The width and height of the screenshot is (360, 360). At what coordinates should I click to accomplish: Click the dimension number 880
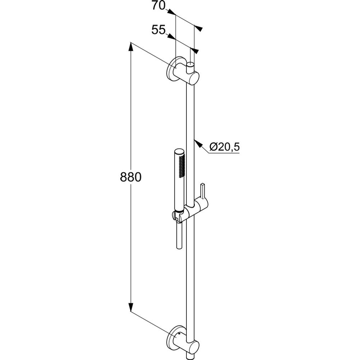click(131, 177)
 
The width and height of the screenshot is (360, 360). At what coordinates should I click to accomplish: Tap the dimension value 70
click(158, 6)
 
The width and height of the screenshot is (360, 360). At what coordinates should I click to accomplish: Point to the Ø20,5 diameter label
click(224, 146)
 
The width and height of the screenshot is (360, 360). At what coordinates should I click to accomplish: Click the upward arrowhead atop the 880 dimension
click(131, 47)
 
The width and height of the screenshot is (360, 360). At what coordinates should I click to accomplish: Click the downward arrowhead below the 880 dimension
click(131, 307)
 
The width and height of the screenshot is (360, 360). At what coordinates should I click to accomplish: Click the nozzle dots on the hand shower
click(182, 166)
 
